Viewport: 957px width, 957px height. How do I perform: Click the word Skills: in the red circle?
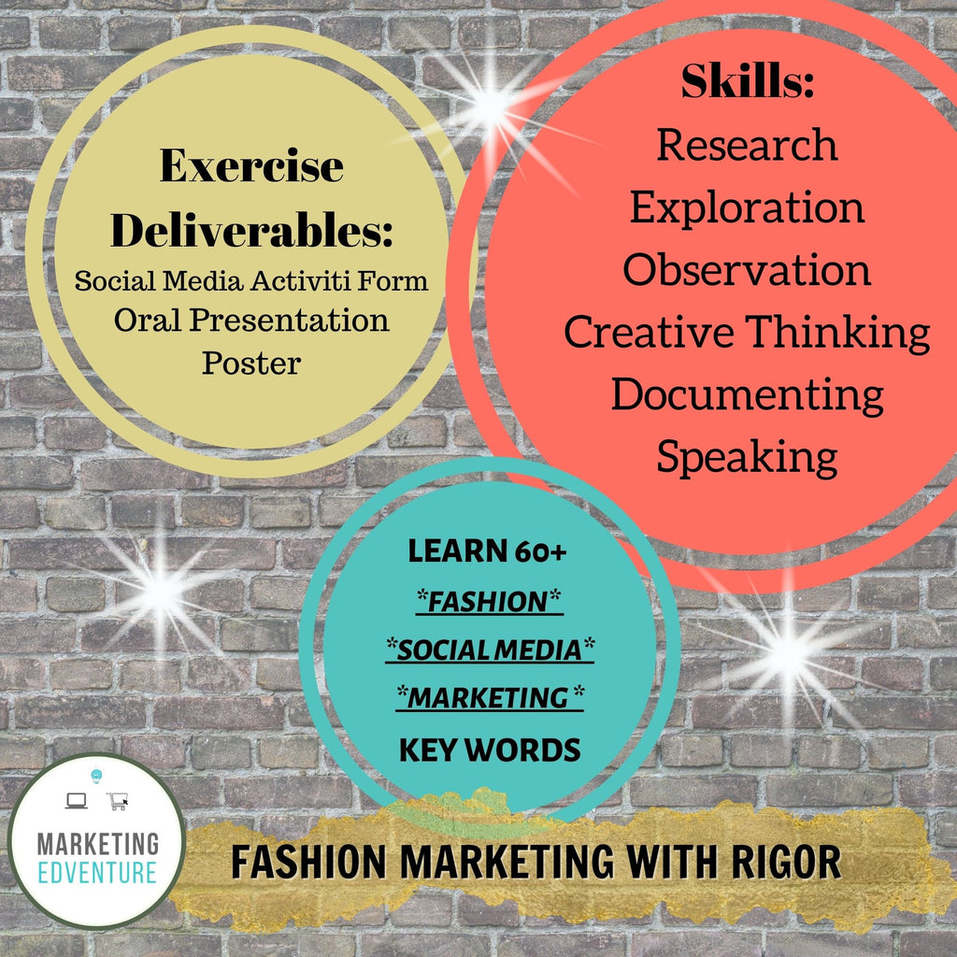point(748,81)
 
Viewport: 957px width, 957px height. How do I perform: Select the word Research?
point(747,145)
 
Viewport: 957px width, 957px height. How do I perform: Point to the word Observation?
point(747,269)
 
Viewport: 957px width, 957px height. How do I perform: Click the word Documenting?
point(747,396)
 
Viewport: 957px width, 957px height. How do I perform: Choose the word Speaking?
point(747,458)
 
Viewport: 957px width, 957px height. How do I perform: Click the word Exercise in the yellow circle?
point(251,165)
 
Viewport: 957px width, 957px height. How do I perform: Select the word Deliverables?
point(251,230)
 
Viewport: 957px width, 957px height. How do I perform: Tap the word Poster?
point(251,363)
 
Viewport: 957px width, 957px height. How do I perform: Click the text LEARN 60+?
point(487,550)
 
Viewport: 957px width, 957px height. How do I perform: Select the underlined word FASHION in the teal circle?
point(489,602)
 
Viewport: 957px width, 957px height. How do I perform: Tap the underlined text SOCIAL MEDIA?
point(490,650)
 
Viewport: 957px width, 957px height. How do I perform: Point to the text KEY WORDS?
point(490,750)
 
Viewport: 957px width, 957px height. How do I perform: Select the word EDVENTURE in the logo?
point(97,873)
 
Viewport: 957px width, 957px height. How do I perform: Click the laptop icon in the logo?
point(77,801)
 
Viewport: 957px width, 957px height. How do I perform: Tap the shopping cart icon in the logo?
point(117,801)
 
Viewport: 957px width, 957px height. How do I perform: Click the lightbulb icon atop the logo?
point(96,776)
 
